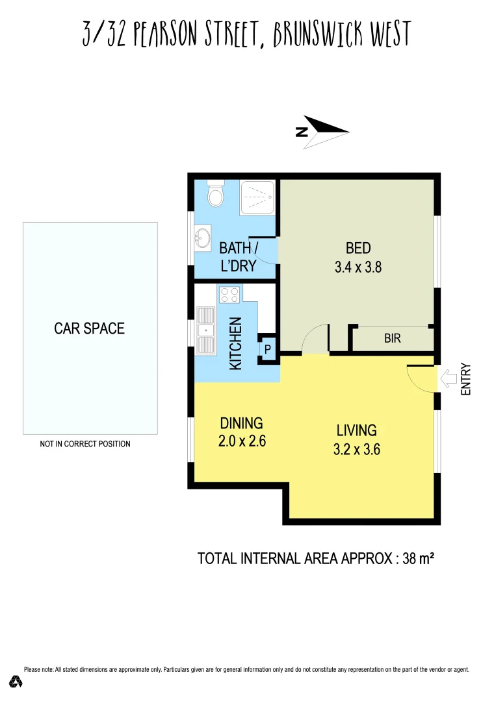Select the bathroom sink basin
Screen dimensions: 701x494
pos(204,238)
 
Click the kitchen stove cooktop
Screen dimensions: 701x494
pos(229,295)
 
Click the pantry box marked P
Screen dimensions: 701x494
pos(267,349)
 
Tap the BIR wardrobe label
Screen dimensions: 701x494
pos(392,338)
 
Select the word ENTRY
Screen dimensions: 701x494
pos(465,379)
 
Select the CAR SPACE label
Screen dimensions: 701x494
pos(89,328)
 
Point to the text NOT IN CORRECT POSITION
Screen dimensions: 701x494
pos(85,444)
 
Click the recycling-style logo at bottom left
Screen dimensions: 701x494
pos(16,681)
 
